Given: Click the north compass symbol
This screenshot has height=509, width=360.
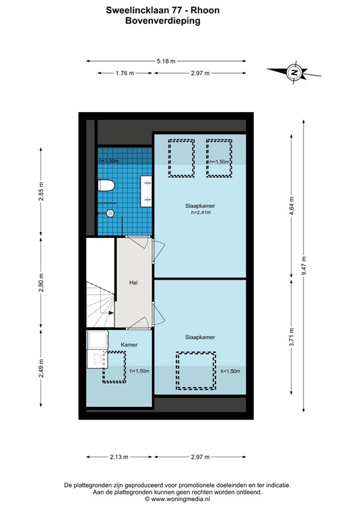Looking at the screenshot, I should pos(294,72).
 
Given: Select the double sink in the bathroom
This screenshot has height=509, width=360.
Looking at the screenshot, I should pos(146,189).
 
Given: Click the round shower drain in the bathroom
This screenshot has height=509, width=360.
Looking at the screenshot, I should pos(110,213).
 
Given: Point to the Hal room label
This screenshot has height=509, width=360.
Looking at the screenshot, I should pos(133,282).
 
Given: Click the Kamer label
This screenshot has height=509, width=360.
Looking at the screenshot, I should pos(129,345).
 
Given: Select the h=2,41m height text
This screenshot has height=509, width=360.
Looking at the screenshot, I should pos(200,213).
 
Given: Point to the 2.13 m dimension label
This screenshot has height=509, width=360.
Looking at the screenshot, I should pos(119,457).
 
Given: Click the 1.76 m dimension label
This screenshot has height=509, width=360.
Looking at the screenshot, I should pos(125,73).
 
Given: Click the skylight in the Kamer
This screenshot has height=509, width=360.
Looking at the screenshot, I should pos(115,367).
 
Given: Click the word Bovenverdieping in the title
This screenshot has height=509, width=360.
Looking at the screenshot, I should pos(162,21).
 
